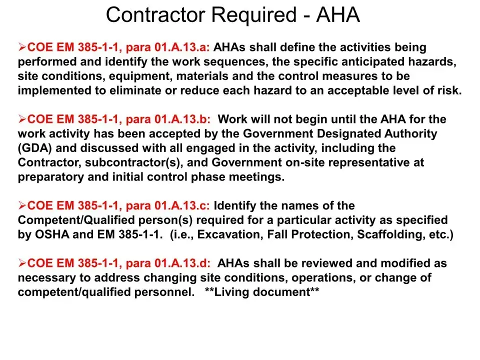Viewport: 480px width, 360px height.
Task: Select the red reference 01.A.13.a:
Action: [181, 47]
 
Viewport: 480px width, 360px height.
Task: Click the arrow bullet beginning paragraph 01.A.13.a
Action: [22, 47]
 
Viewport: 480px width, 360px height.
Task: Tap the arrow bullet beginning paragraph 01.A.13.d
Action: [22, 263]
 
